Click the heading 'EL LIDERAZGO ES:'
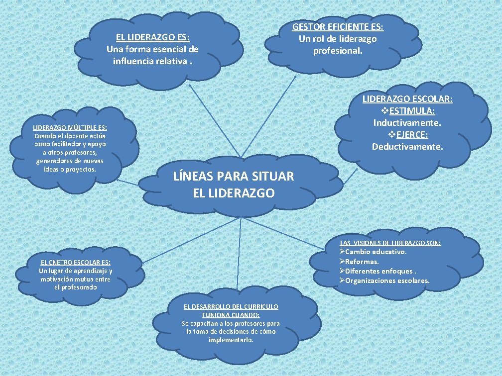coord(152,37)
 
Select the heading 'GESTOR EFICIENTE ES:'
coord(338,27)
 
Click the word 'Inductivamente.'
coord(407,122)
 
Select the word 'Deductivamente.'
coord(407,146)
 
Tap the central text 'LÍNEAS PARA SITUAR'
coord(233,176)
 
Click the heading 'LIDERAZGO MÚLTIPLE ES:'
coord(70,128)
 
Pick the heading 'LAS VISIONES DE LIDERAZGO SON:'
coord(390,243)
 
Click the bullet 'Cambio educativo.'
coord(376,252)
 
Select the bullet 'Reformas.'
coord(362,261)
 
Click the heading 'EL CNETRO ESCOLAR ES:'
coord(76,263)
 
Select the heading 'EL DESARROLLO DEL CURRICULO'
coord(231,307)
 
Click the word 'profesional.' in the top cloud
coord(338,51)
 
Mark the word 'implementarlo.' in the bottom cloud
coord(231,340)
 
